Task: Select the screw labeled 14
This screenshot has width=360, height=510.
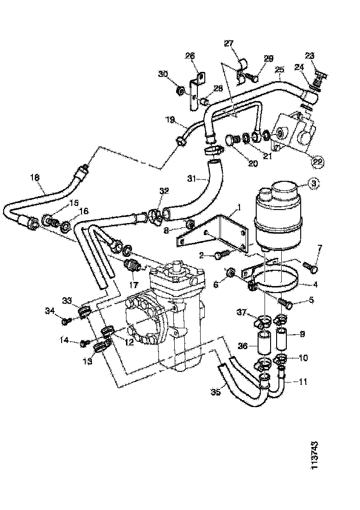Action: click(x=85, y=343)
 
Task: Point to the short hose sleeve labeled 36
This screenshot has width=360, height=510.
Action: click(x=263, y=345)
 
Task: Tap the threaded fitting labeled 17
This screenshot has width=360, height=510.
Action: click(x=134, y=268)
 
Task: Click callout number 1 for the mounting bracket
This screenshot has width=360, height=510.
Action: click(x=239, y=205)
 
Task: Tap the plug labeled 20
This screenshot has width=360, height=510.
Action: click(x=230, y=139)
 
